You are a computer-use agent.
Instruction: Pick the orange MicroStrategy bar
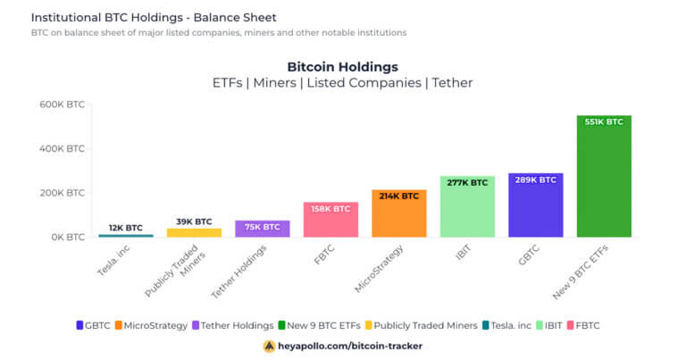point(398,219)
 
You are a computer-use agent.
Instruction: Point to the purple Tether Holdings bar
point(262,230)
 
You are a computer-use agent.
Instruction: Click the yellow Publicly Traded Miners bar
point(194,232)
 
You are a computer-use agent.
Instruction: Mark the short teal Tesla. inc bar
point(126,236)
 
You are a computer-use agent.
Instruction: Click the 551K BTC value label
point(604,121)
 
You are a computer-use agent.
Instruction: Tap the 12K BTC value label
point(126,228)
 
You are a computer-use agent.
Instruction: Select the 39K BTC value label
point(194,222)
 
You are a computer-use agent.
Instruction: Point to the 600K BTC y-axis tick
point(63,105)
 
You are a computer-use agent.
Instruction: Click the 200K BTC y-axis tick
point(63,193)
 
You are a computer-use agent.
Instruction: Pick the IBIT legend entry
point(555,325)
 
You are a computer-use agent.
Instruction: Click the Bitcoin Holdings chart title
point(342,67)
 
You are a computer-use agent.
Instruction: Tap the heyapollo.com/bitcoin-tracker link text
point(350,346)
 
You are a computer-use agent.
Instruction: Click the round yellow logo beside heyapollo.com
point(269,346)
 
